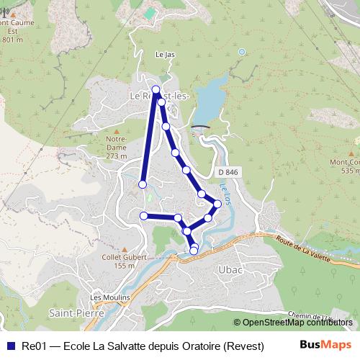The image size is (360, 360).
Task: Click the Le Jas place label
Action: [165, 54]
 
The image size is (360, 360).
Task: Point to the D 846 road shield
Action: [226, 173]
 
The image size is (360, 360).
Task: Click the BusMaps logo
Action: [324, 344]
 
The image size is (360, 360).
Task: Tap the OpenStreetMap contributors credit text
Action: [297, 323]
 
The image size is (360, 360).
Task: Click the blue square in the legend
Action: [10, 345]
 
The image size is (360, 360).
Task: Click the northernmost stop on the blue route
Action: [156, 90]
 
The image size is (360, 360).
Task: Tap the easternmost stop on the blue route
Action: [217, 204]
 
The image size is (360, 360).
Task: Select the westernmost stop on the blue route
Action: [142, 185]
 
